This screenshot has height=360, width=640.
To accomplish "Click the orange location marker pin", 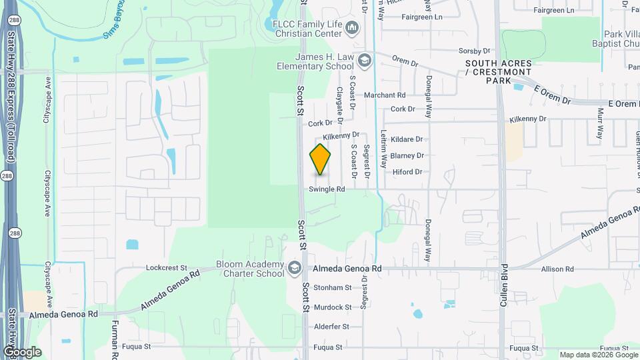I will click(x=321, y=159).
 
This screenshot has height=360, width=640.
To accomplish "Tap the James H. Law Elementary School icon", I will click(x=364, y=61).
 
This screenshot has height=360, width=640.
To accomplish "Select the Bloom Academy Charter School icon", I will click(x=294, y=269).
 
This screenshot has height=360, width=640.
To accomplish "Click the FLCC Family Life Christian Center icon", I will click(x=353, y=28).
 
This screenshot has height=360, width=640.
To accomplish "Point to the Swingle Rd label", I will click(x=327, y=189).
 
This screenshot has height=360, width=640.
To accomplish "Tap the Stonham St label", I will click(x=332, y=287).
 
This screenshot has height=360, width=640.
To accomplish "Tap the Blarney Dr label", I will click(x=407, y=155).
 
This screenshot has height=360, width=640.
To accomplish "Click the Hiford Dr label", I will click(x=407, y=172).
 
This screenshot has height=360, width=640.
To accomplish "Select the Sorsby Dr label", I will click(x=474, y=51).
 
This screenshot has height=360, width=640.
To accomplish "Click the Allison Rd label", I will click(x=557, y=269).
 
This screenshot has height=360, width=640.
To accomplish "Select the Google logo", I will click(x=22, y=352).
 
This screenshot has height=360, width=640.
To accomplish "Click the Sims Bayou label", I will click(x=114, y=23).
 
